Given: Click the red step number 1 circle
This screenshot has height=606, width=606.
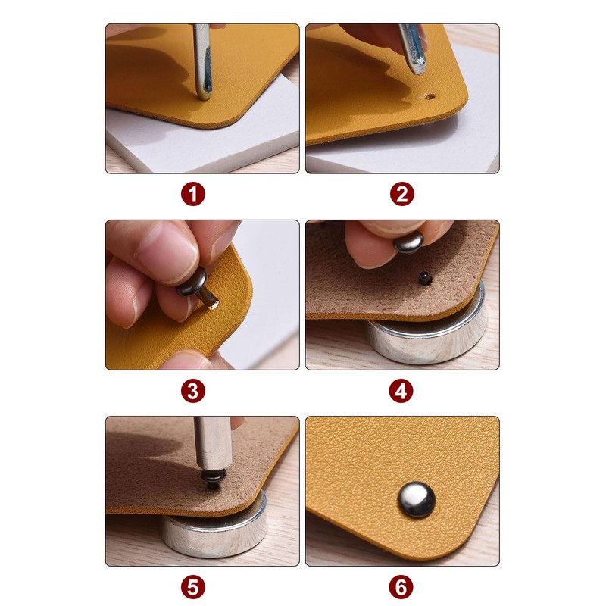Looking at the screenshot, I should (x=193, y=195).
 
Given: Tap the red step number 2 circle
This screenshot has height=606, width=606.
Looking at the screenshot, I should (x=402, y=195).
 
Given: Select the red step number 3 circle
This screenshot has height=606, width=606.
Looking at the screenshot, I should (x=193, y=391).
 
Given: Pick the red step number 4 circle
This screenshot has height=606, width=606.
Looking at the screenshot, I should (x=402, y=391).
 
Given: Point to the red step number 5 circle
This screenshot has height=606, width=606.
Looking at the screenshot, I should (x=193, y=587).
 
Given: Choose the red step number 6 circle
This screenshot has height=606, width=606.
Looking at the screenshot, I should (x=402, y=587).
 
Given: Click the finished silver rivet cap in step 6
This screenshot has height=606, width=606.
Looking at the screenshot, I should (x=416, y=500).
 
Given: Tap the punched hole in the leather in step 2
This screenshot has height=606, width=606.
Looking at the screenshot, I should (x=430, y=97).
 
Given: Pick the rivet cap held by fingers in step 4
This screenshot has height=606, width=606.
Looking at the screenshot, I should (x=409, y=242).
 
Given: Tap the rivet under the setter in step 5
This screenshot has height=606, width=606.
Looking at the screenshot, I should (x=213, y=479).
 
